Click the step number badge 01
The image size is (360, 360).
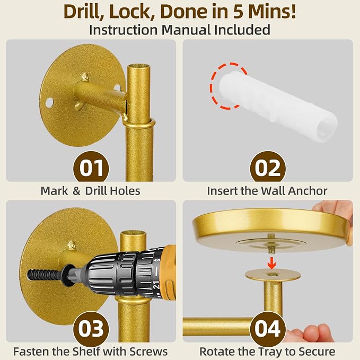click(x=91, y=168)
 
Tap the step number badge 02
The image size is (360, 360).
click(x=268, y=168)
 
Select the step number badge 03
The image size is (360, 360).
click(x=91, y=329)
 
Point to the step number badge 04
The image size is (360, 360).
click(x=268, y=329)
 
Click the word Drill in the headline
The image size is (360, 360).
click(x=83, y=12)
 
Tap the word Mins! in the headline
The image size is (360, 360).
click(x=273, y=12)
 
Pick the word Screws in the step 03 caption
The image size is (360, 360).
click(x=148, y=352)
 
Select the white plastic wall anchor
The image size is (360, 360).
click(x=278, y=106)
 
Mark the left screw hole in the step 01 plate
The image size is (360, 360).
click(x=49, y=103)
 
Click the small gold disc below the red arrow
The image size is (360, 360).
click(x=273, y=275)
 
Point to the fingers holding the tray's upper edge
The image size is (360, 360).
click(x=333, y=210)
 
